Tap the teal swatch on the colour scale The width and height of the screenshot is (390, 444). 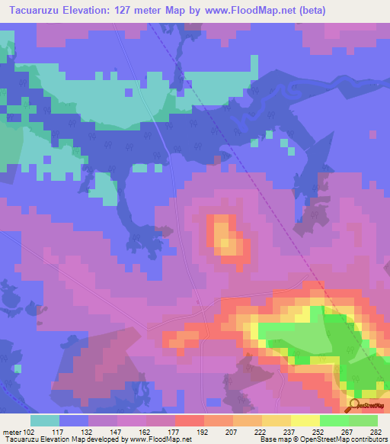[45, 420]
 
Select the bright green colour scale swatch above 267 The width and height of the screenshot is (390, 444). [334, 420]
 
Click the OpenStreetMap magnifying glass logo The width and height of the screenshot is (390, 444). [353, 404]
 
